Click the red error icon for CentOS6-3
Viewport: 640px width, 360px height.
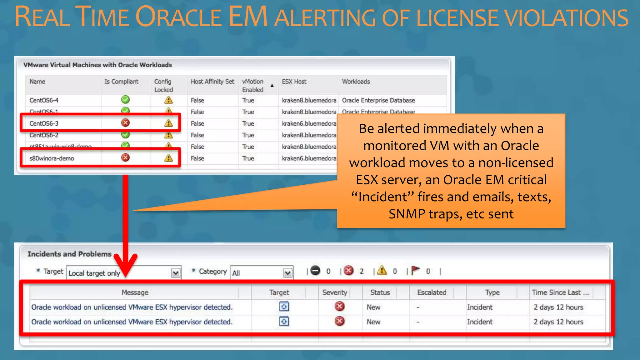tap(125, 123)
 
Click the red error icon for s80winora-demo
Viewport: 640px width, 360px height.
tap(125, 157)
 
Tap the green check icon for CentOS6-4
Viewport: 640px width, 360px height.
tap(125, 100)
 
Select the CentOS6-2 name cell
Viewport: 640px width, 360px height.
tap(44, 135)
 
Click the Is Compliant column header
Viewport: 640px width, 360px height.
tap(121, 82)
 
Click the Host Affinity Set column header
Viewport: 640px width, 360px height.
tap(212, 82)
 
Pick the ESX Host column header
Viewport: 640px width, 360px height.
tap(294, 82)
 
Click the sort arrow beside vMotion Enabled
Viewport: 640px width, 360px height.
tap(272, 85)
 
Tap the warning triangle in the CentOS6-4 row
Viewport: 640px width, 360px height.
tap(168, 100)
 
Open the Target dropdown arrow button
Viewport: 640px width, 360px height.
tap(176, 273)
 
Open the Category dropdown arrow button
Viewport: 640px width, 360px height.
tap(287, 273)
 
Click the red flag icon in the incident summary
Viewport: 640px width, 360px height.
tap(415, 270)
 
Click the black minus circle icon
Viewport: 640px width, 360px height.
tap(315, 270)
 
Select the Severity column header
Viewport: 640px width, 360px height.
tap(335, 292)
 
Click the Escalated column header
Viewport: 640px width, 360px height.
tap(432, 292)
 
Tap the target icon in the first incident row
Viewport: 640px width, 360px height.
tap(284, 307)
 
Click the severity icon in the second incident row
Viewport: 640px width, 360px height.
tap(339, 321)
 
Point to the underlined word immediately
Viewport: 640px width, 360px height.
tap(460, 129)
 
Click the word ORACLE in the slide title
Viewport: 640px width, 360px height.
tap(178, 17)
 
